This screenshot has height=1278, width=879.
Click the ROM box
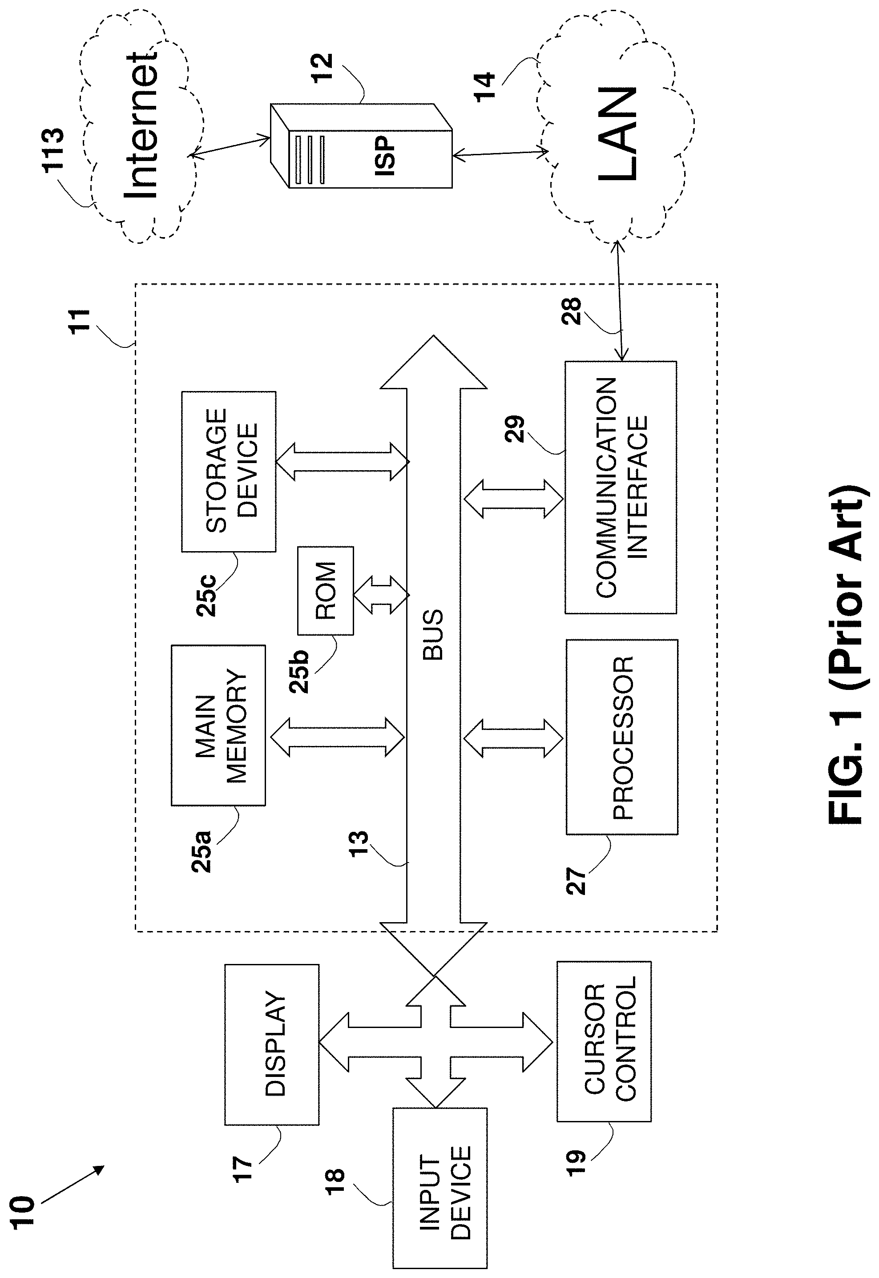[325, 590]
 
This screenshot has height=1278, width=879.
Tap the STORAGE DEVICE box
[229, 472]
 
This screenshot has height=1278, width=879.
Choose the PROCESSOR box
[622, 737]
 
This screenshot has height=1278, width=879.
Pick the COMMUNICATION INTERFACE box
[621, 487]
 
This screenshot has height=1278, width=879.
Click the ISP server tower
[361, 146]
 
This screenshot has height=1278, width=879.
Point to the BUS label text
[433, 634]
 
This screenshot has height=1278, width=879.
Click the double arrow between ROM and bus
[381, 595]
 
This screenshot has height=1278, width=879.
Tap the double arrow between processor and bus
[513, 738]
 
